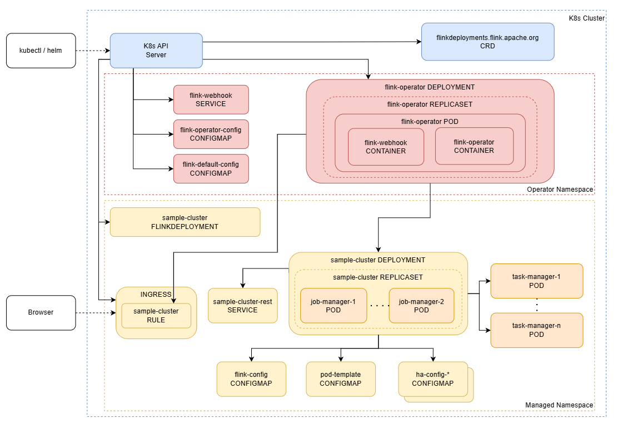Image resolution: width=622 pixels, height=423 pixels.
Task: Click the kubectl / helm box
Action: (x=41, y=51)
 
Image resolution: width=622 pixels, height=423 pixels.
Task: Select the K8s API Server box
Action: (x=156, y=51)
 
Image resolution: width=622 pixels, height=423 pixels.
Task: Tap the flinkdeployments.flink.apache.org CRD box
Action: (x=487, y=42)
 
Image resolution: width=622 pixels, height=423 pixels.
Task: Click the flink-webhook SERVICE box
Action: (x=211, y=99)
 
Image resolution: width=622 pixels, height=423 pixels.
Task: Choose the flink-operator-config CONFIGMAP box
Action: (x=211, y=134)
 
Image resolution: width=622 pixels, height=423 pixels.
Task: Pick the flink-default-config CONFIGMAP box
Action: (x=211, y=168)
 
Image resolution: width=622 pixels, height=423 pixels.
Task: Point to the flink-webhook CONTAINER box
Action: (x=386, y=147)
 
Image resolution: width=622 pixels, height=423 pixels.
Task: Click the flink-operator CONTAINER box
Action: (x=475, y=146)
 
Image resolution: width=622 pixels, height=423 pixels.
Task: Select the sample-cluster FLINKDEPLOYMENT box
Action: (x=185, y=222)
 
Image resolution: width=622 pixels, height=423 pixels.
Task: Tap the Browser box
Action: (x=41, y=313)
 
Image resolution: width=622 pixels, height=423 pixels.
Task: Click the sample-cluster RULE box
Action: (x=156, y=316)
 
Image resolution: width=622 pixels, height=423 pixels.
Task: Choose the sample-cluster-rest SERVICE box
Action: (x=243, y=306)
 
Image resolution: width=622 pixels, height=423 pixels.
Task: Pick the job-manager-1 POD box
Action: (x=333, y=306)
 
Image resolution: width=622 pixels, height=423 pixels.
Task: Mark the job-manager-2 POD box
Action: (x=421, y=306)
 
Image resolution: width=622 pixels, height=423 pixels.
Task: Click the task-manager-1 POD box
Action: (x=537, y=281)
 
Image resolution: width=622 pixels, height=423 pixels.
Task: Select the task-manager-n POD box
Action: (x=537, y=330)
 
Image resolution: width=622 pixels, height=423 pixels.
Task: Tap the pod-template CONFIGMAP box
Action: (x=341, y=379)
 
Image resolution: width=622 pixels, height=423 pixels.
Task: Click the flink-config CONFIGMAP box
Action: (x=251, y=379)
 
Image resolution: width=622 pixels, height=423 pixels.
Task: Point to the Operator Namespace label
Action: (x=560, y=190)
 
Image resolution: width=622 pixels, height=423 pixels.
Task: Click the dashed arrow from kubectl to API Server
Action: (x=93, y=51)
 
